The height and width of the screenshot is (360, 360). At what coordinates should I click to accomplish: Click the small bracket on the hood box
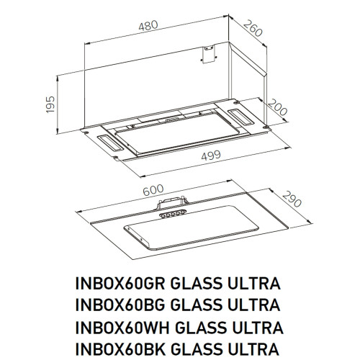click(209, 55)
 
